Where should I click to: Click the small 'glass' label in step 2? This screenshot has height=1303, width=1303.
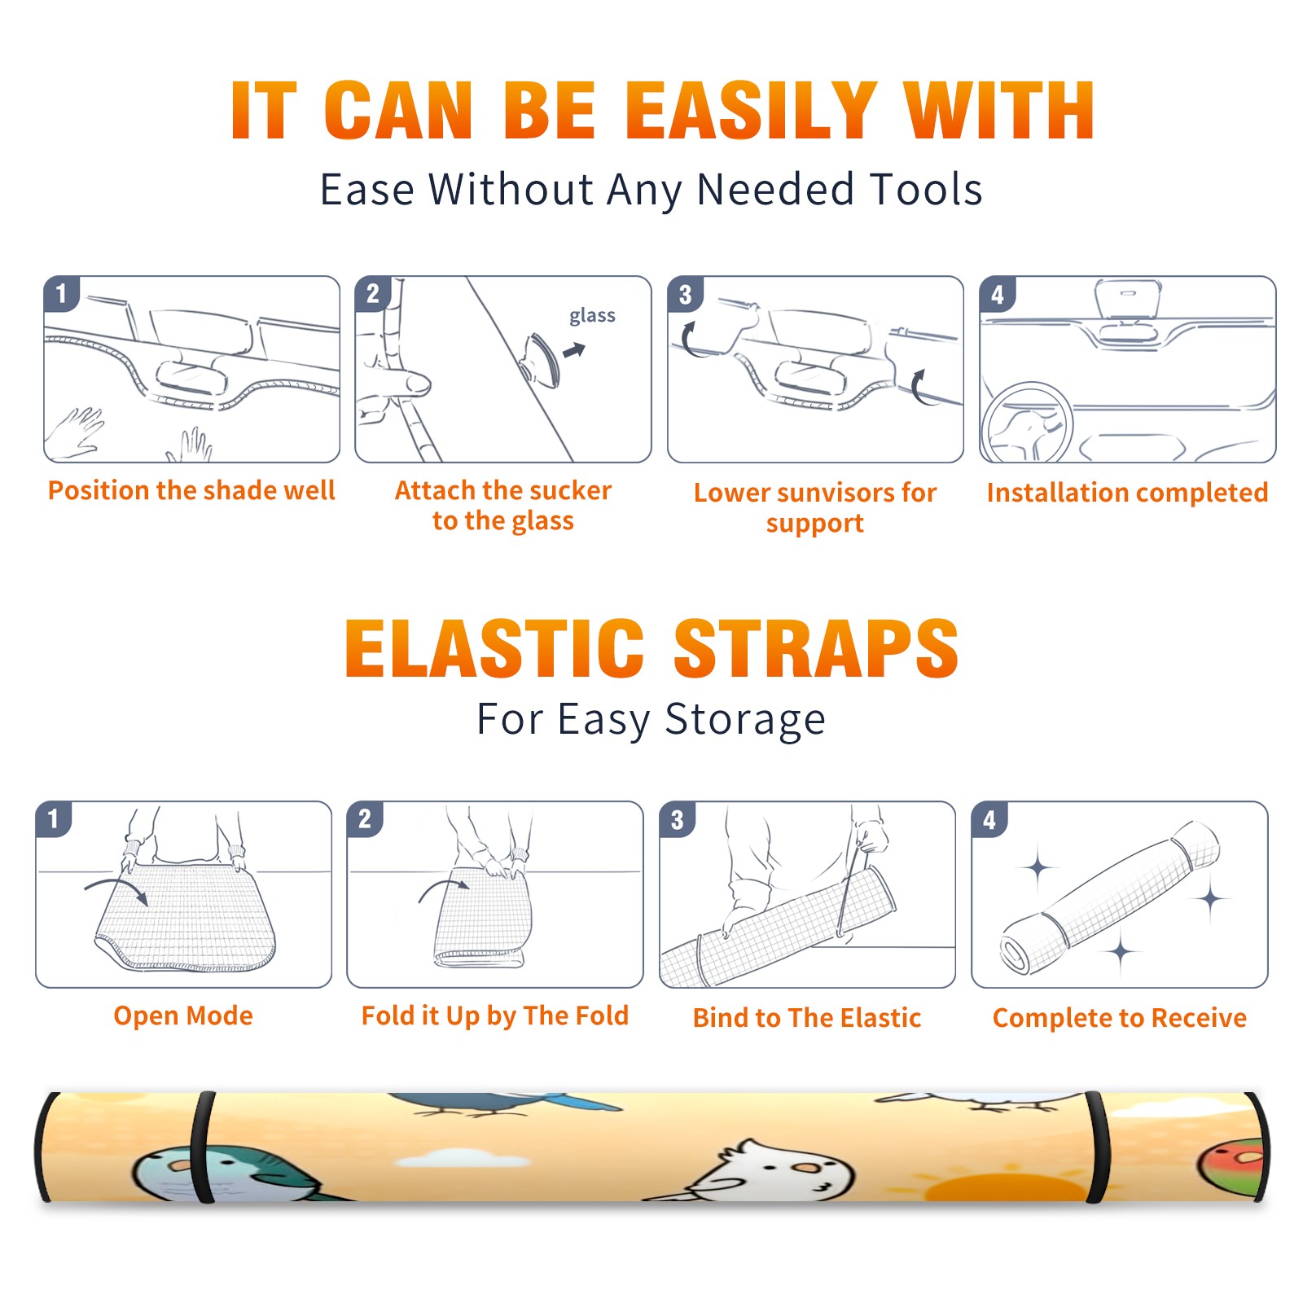click(592, 316)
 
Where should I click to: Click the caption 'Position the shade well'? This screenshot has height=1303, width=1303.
click(191, 490)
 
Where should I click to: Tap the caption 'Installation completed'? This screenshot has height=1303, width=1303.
click(1127, 492)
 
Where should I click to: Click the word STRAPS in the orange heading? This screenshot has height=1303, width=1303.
click(816, 648)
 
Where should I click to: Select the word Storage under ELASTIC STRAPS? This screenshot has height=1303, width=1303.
click(745, 720)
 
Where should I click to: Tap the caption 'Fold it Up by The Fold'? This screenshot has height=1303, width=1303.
click(495, 1016)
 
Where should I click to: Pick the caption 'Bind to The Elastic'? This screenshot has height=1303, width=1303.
click(807, 1017)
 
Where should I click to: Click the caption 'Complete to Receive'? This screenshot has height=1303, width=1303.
click(1120, 1017)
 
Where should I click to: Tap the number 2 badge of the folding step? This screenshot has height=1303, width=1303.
click(365, 819)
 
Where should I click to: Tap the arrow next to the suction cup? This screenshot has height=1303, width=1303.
click(575, 350)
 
